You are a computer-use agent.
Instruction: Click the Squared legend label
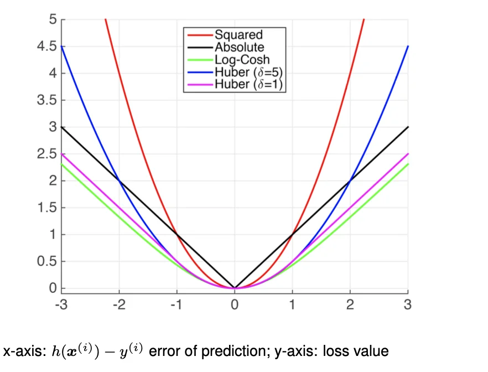coord(238,35)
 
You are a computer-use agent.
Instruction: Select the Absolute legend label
coord(239,48)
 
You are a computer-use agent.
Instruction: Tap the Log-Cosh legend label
coord(242,60)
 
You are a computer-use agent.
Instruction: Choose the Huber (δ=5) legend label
coord(249,72)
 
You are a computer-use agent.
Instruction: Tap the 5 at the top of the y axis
coord(53,20)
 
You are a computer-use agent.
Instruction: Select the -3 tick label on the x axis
coord(60,304)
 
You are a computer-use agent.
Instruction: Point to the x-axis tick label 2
coord(350,304)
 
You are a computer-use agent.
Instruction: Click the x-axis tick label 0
coord(235,304)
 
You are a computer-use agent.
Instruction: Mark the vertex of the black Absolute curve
coord(235,288)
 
